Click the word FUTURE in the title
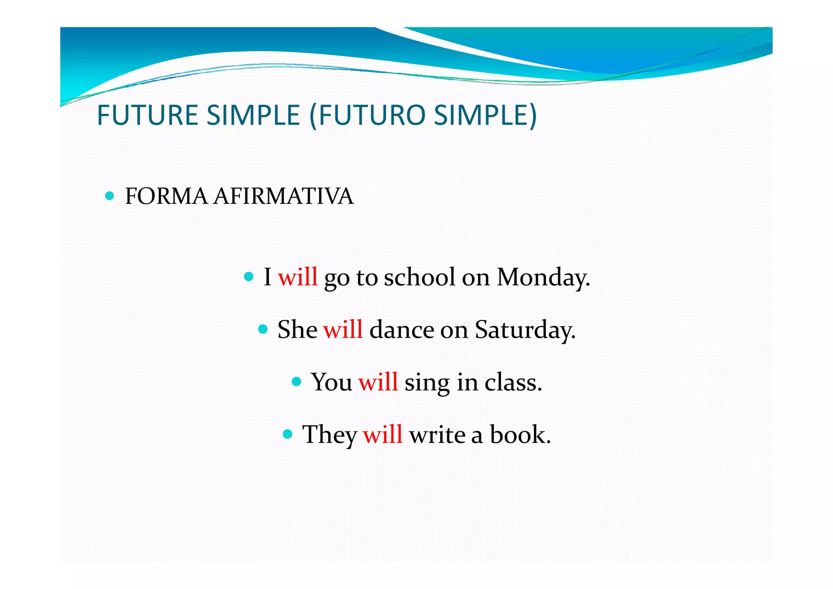click(x=148, y=115)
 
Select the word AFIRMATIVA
click(x=283, y=196)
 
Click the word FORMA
click(x=166, y=196)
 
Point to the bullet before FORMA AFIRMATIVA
click(x=109, y=196)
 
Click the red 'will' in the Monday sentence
click(x=297, y=277)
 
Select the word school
click(x=419, y=277)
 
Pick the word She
click(x=297, y=329)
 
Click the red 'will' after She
click(x=342, y=329)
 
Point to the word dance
click(x=401, y=329)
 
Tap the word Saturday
click(x=524, y=330)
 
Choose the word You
click(x=331, y=382)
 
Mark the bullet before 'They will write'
click(x=288, y=434)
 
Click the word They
click(x=329, y=435)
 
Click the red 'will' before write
click(x=382, y=434)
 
